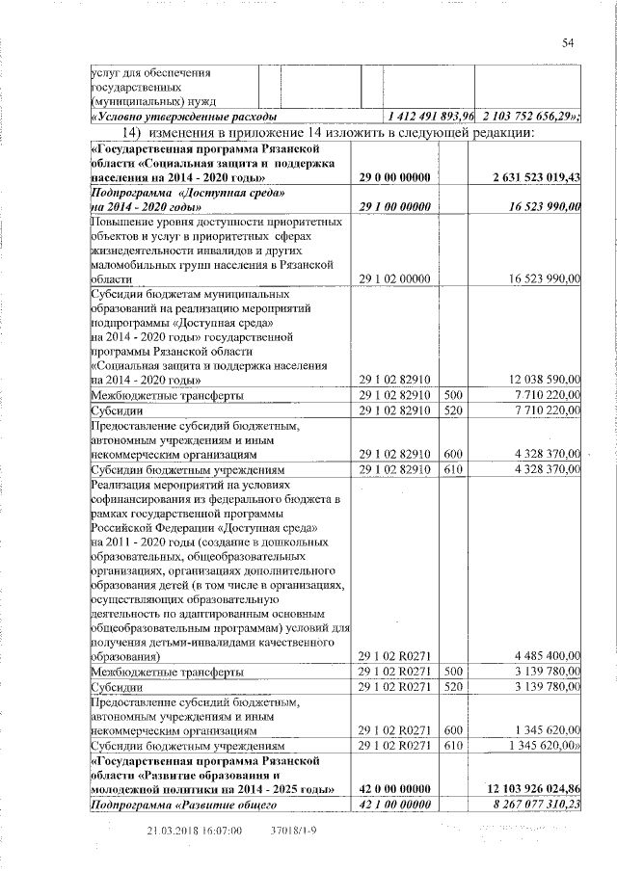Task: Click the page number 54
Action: tap(568, 41)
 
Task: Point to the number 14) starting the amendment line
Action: tap(130, 132)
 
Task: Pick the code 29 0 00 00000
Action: tap(394, 177)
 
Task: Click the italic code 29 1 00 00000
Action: tap(394, 206)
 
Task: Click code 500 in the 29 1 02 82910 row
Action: tap(453, 395)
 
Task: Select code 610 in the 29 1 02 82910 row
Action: tap(453, 469)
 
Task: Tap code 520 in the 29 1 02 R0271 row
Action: tap(453, 688)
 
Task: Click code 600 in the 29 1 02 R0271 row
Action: tap(453, 730)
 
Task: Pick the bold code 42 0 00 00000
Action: tap(394, 790)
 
